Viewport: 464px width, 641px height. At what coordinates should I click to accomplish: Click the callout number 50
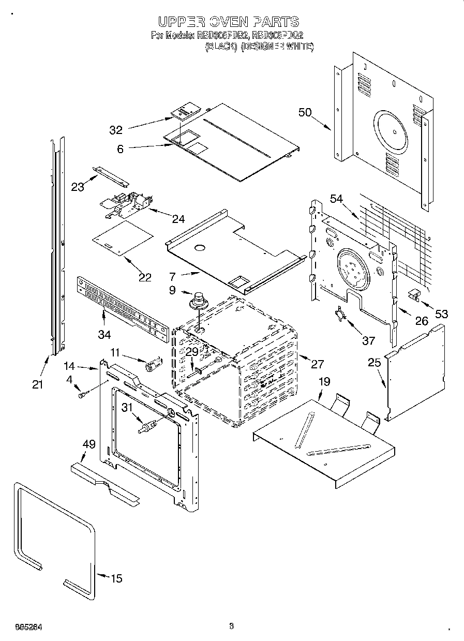coord(305,112)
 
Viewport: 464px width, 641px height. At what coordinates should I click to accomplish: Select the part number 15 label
coord(117,578)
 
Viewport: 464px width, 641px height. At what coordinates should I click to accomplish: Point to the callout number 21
coord(37,384)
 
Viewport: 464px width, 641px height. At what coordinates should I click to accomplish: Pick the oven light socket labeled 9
coord(197,301)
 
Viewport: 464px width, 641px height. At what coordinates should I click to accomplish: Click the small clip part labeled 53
coord(414,295)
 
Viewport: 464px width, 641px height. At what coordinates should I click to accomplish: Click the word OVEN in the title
coord(228,21)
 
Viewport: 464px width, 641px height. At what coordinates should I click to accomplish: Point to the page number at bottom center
coord(232,626)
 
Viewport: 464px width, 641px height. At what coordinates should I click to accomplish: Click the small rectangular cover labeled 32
coord(186,112)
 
